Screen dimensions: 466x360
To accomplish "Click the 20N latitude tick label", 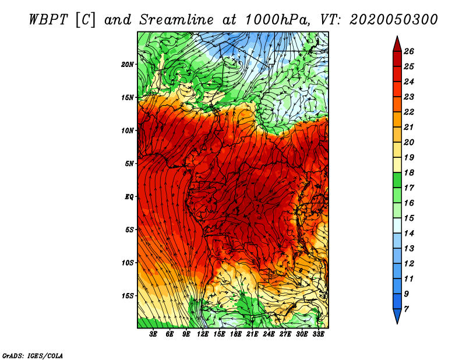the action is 128,65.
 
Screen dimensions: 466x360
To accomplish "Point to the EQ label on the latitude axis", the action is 129,197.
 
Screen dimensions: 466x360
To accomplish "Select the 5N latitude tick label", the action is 129,164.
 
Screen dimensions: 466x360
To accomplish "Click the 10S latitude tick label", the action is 128,263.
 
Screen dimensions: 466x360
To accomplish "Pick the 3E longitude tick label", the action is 153,334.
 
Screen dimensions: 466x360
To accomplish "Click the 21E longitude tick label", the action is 252,334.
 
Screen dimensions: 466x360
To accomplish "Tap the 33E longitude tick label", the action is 318,334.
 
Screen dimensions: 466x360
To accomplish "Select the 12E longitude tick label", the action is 202,334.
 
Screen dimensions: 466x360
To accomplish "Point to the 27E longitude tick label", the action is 285,334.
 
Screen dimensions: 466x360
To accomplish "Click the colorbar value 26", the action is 409,51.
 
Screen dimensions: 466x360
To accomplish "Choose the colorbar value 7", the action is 406,309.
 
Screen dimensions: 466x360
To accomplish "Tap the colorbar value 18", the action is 409,172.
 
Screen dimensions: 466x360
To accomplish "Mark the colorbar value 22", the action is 409,112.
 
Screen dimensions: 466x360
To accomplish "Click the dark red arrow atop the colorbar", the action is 397,45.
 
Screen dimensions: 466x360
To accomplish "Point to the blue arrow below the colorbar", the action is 397,316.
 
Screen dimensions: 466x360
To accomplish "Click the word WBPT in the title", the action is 49,20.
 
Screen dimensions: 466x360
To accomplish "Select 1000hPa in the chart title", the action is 277,20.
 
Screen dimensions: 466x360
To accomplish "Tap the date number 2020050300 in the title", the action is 394,20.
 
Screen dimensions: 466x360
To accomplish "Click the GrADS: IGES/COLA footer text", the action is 33,356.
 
